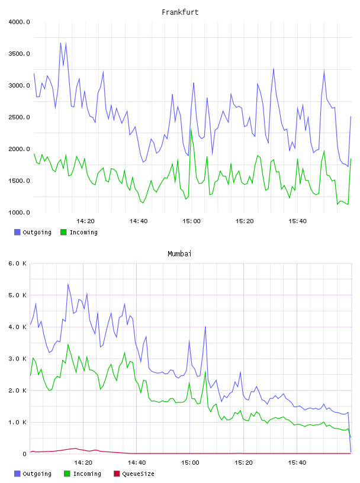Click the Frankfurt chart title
pyautogui.click(x=180, y=12)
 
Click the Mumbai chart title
pyautogui.click(x=179, y=254)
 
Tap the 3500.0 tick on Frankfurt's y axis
pyautogui.click(x=20, y=54)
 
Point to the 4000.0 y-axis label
pyautogui.click(x=20, y=22)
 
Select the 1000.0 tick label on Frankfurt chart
pyautogui.click(x=20, y=212)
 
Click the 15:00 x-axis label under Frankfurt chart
pyautogui.click(x=191, y=221)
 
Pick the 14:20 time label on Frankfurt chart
pyautogui.click(x=85, y=221)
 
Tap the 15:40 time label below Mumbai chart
pyautogui.click(x=297, y=463)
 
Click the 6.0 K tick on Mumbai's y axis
pyautogui.click(x=18, y=263)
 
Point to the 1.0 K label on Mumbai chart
pyautogui.click(x=18, y=422)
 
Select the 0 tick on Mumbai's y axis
pyautogui.click(x=25, y=454)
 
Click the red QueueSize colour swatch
pyautogui.click(x=117, y=474)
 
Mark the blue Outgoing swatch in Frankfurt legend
pyautogui.click(x=17, y=232)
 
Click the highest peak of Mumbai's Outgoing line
pyautogui.click(x=68, y=284)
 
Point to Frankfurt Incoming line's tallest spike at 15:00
pyautogui.click(x=191, y=130)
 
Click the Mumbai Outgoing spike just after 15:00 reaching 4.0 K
pyautogui.click(x=205, y=327)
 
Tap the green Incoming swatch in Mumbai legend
pyautogui.click(x=67, y=474)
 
